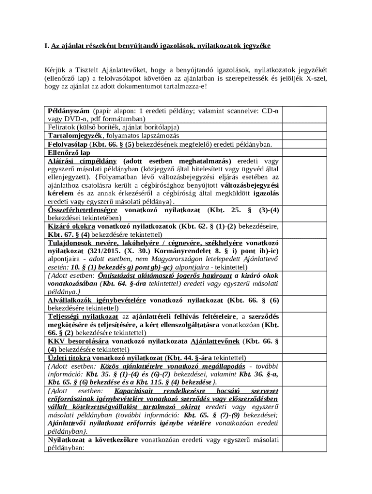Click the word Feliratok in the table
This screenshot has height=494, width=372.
(62, 127)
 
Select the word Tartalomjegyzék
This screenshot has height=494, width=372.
(75, 136)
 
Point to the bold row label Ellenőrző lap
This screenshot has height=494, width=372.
(69, 152)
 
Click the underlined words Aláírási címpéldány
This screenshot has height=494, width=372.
(82, 161)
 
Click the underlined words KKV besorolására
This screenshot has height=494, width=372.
(75, 342)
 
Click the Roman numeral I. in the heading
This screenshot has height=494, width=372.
(46, 46)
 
